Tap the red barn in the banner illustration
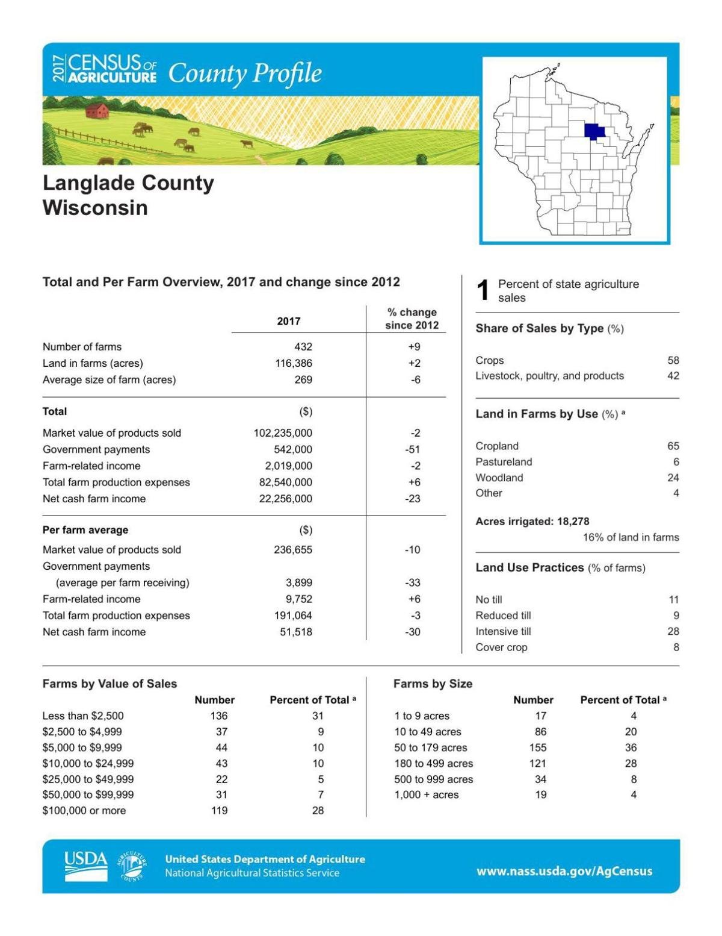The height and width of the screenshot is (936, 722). point(97,110)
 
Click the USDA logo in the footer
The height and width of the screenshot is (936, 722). point(86,866)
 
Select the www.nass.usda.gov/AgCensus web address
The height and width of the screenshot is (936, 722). point(564,871)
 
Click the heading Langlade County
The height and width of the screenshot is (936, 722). point(128,183)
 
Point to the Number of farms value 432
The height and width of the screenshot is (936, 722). point(303,347)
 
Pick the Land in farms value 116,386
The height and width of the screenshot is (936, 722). point(294,363)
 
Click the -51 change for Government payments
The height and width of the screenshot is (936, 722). point(413,449)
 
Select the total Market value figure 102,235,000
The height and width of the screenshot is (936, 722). point(283,433)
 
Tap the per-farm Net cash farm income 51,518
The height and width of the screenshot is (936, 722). point(296,632)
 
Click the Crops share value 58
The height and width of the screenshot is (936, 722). point(673,360)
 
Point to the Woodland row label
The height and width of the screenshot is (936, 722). point(499,478)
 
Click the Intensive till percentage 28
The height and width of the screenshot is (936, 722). point(673,631)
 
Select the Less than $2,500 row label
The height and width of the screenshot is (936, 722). point(83,716)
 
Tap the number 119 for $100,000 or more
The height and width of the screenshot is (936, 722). point(219,811)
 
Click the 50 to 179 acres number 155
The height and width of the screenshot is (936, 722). point(537,747)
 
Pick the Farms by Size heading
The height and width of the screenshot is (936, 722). point(433,684)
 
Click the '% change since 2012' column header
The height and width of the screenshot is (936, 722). point(412,319)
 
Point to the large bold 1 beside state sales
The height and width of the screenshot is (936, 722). point(483,291)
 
